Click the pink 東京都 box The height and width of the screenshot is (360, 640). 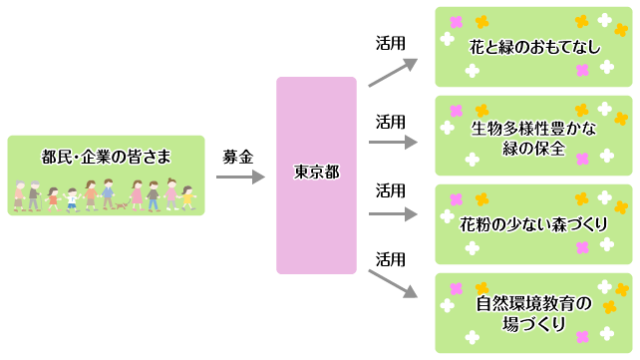tap(316, 175)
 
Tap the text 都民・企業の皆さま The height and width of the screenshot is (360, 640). tap(106, 156)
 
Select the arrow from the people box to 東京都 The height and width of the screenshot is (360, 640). tap(240, 178)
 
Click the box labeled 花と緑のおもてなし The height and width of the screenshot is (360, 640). tap(532, 46)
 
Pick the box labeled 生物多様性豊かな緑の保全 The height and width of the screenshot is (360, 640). tap(532, 137)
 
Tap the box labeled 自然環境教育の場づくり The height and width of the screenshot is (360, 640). tap(532, 312)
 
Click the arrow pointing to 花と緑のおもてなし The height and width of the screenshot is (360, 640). tap(392, 73)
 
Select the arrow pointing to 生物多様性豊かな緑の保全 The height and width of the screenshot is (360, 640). tap(392, 142)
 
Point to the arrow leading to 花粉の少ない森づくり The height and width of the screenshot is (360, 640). tap(392, 212)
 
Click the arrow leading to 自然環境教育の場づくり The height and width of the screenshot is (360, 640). tap(392, 281)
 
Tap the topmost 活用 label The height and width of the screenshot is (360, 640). tap(390, 44)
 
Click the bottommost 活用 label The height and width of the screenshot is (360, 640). tap(390, 258)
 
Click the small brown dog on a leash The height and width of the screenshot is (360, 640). tap(121, 205)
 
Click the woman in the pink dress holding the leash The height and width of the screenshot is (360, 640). tap(136, 194)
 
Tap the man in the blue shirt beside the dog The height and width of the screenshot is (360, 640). tap(107, 193)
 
